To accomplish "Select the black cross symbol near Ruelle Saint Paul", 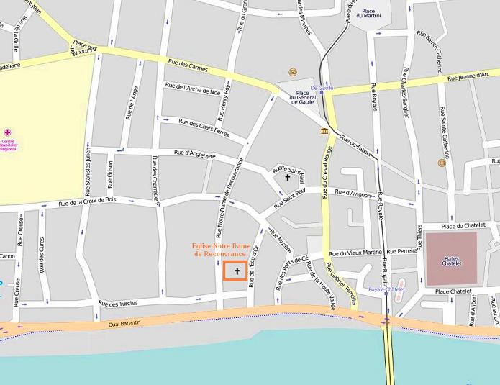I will click(289, 176).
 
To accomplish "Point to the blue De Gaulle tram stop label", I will click(322, 88).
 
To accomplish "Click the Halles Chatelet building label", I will click(450, 260).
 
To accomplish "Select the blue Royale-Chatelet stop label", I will click(387, 289).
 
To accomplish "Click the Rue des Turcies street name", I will click(117, 303).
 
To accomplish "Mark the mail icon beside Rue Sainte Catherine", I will click(442, 162).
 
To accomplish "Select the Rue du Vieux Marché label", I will click(354, 253).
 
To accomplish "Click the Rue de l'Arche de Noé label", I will click(193, 90).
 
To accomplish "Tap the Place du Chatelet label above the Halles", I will click(465, 226).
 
